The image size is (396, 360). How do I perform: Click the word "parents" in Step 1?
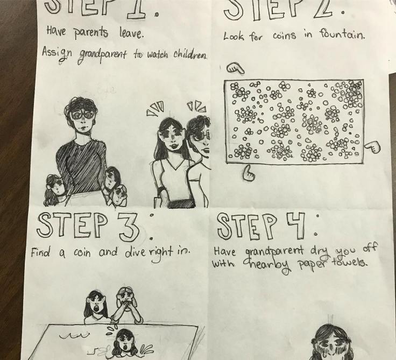(91, 33)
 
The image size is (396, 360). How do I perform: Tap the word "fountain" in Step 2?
(342, 34)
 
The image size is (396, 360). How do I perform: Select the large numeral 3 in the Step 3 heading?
(129, 228)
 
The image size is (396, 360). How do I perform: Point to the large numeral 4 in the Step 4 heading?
(295, 226)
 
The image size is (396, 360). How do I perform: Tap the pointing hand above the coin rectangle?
(235, 68)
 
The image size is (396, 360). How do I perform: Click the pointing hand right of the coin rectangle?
(372, 147)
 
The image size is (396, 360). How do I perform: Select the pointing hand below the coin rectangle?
(249, 173)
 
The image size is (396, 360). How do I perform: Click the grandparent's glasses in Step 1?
(82, 115)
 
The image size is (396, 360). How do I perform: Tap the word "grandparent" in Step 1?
(102, 55)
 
